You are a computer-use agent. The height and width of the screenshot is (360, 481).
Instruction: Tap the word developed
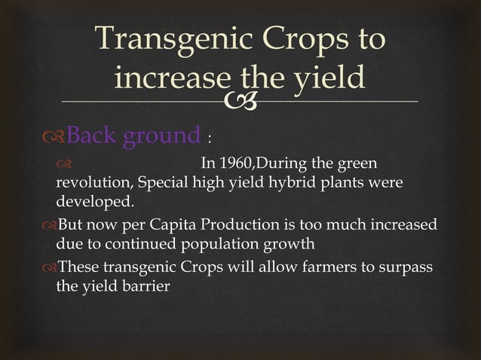(95, 202)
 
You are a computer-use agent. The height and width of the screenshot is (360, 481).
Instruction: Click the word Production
(245, 226)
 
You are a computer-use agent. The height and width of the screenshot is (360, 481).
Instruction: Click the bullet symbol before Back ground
(53, 136)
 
